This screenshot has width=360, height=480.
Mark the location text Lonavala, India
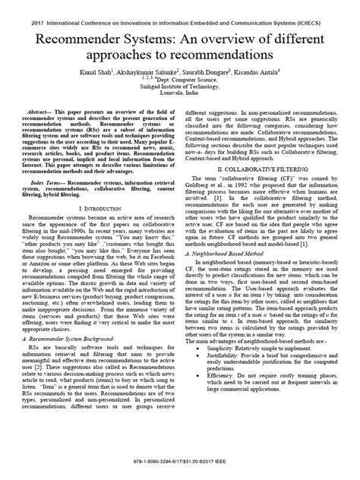180,95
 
